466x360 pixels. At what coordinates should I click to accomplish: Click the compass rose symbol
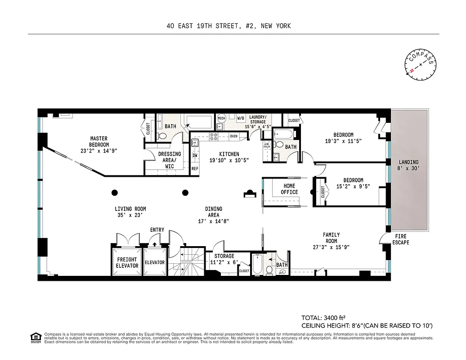(x=421, y=65)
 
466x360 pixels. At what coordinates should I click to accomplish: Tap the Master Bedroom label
(x=99, y=142)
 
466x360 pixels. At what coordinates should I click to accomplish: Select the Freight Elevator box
(x=127, y=262)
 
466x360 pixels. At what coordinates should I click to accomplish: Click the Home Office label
(x=290, y=189)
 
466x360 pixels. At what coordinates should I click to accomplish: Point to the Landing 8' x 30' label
(x=408, y=165)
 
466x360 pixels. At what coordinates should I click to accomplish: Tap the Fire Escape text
(x=400, y=239)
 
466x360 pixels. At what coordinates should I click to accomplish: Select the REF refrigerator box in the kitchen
(x=195, y=169)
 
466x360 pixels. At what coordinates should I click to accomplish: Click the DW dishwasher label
(x=195, y=156)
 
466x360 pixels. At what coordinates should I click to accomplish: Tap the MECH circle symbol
(x=221, y=118)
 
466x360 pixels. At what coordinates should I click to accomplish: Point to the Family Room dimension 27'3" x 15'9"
(x=331, y=247)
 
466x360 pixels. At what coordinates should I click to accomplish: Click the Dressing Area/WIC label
(x=169, y=160)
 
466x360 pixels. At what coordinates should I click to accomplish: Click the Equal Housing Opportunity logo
(x=35, y=337)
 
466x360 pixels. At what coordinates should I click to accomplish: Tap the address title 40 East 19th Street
(x=228, y=26)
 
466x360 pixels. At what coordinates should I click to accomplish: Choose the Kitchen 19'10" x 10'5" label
(x=229, y=157)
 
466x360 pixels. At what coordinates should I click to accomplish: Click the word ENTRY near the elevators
(x=157, y=230)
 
